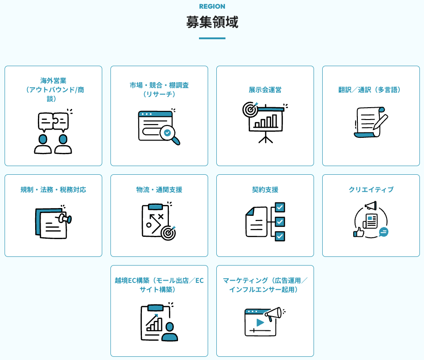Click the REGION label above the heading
[212, 6]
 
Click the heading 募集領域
[212, 22]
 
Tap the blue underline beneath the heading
[212, 38]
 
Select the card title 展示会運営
[265, 89]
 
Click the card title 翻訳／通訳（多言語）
[371, 89]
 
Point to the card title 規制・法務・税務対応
[53, 189]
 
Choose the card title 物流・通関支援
[159, 189]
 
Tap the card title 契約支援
[265, 189]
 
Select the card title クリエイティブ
[371, 189]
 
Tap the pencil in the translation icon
[380, 122]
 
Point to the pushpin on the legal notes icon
[66, 219]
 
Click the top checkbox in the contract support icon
[280, 208]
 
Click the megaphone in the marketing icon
[273, 313]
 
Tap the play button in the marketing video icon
[260, 322]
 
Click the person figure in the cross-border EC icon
[170, 332]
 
